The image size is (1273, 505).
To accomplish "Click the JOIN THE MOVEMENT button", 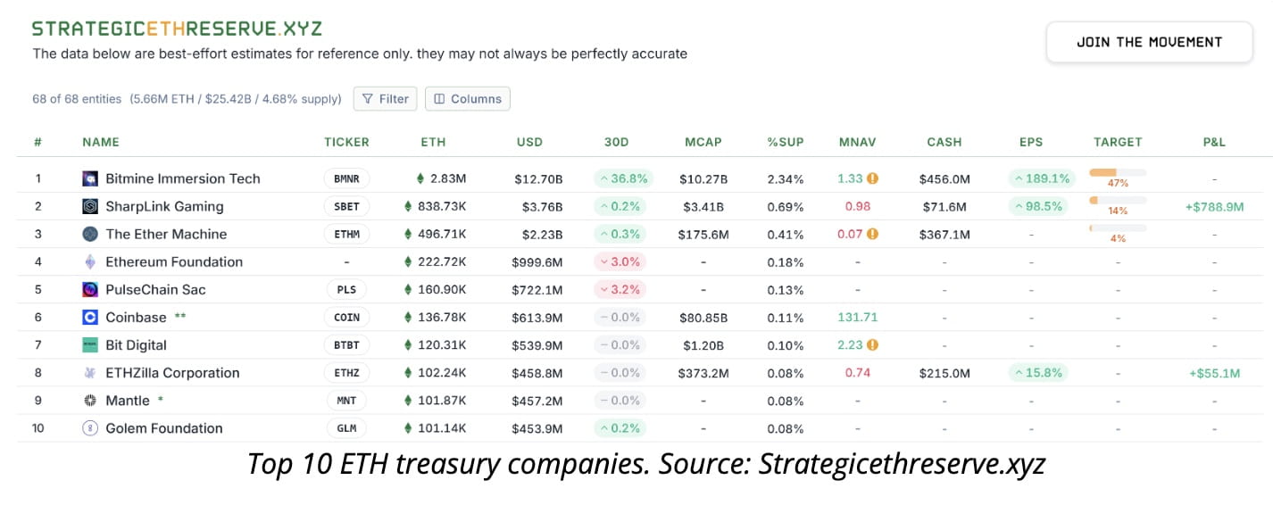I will click(1149, 42).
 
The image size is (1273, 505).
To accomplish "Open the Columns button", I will click(467, 99).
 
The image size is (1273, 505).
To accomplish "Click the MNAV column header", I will click(857, 142).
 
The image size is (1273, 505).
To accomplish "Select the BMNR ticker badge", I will click(346, 178).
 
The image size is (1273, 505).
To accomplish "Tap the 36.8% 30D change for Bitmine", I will click(623, 178).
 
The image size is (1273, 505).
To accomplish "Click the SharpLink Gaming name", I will click(164, 206).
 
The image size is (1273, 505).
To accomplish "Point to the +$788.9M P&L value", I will click(1213, 207).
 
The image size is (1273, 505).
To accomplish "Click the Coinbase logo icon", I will click(90, 318).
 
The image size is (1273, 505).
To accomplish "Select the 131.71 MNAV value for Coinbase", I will click(857, 318).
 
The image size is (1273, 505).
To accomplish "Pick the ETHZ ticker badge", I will click(346, 373).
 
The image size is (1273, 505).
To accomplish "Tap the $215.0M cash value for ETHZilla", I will click(944, 373).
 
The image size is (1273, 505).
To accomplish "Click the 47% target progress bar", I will click(1117, 173).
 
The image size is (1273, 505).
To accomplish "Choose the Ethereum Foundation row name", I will click(174, 262).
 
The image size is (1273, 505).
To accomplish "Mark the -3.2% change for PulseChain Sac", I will click(623, 290).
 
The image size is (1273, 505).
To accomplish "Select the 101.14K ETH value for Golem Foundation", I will click(441, 428).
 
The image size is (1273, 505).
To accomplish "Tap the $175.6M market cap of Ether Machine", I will click(703, 235).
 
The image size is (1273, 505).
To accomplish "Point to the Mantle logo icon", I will click(90, 401).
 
